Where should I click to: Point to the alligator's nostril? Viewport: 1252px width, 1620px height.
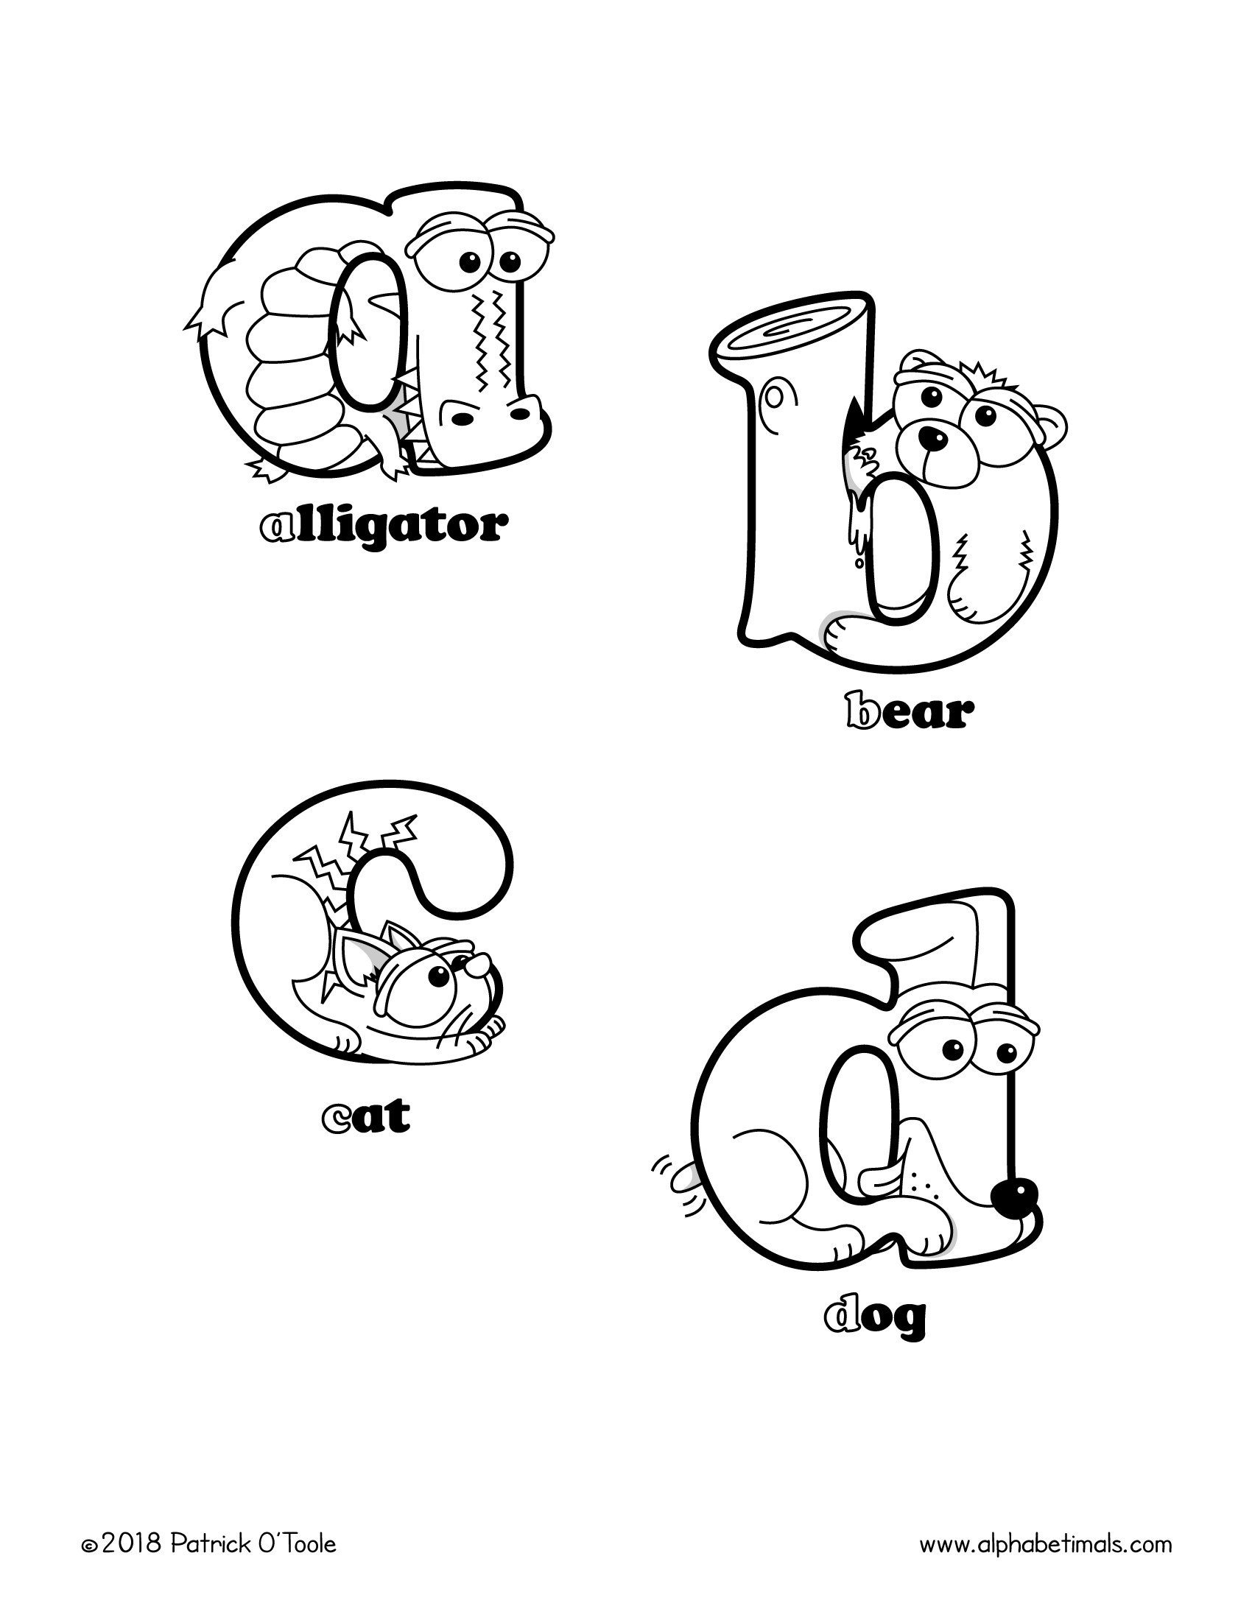coord(462,419)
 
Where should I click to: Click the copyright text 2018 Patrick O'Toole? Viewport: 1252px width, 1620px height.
coord(210,1543)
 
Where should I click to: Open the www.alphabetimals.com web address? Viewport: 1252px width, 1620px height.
coord(1046,1543)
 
